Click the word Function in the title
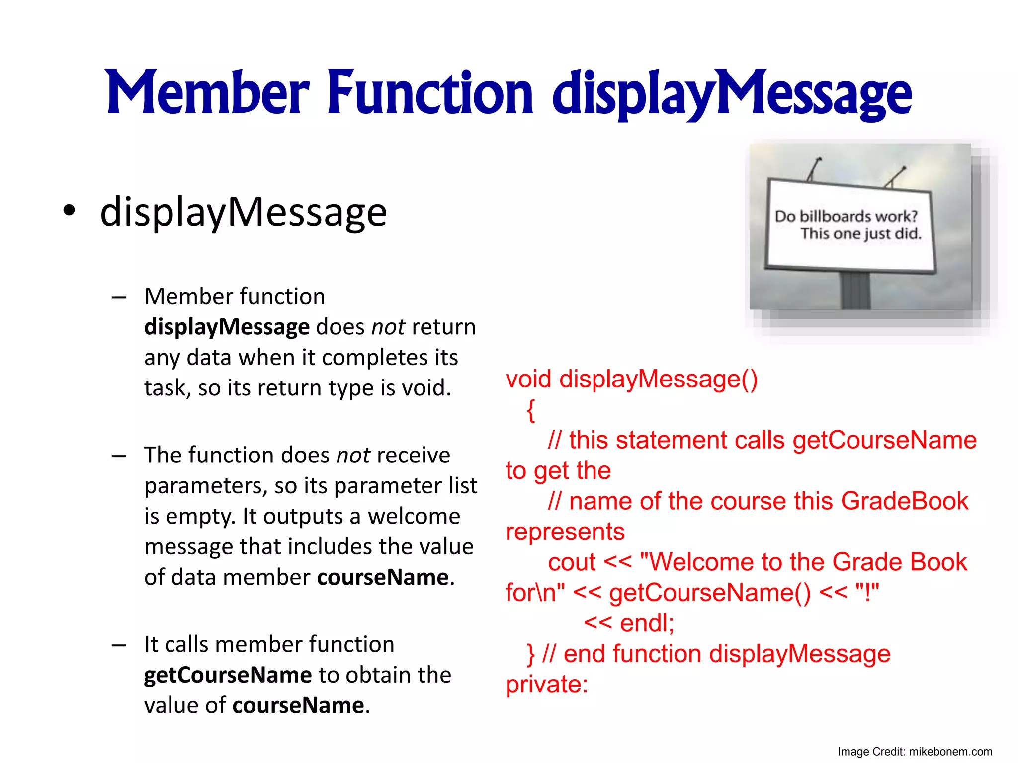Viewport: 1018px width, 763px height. pyautogui.click(x=430, y=93)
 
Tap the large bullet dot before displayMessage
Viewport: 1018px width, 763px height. pyautogui.click(x=70, y=211)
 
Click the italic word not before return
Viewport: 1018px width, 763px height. pyautogui.click(x=388, y=327)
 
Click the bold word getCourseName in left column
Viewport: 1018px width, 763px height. pyautogui.click(x=228, y=675)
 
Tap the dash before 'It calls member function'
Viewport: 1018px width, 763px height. pyautogui.click(x=119, y=645)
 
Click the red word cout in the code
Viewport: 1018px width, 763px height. pyautogui.click(x=572, y=563)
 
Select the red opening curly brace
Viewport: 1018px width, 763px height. pyautogui.click(x=531, y=410)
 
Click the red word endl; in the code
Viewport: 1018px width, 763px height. pyautogui.click(x=647, y=623)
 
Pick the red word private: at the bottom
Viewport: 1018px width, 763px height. pyautogui.click(x=547, y=685)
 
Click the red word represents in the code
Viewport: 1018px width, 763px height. pyautogui.click(x=565, y=532)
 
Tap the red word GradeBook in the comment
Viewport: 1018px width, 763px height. pyautogui.click(x=904, y=501)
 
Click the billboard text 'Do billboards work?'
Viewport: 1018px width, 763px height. pyautogui.click(x=846, y=216)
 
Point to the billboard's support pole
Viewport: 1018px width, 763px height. pyautogui.click(x=855, y=291)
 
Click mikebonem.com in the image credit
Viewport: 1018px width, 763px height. pyautogui.click(x=950, y=752)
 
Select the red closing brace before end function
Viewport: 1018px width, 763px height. pyautogui.click(x=530, y=654)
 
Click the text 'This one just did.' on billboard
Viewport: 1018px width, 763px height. pyautogui.click(x=860, y=233)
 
